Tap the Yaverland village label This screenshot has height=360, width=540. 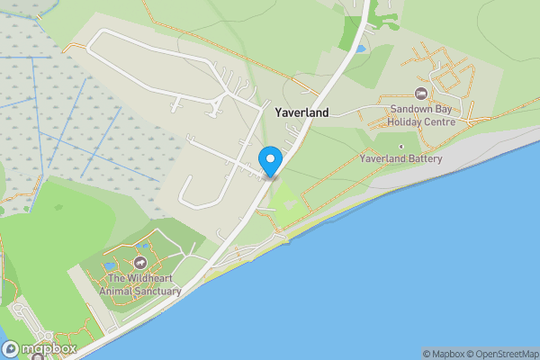[x=301, y=113]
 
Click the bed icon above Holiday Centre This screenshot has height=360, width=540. [x=420, y=94]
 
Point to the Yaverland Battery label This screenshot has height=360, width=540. [x=401, y=159]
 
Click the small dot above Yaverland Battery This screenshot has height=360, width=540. [x=401, y=147]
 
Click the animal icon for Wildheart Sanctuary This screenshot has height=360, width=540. [x=140, y=263]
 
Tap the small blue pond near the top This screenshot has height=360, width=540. [x=361, y=49]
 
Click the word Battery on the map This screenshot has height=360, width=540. [x=425, y=159]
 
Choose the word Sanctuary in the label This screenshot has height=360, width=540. [x=158, y=292]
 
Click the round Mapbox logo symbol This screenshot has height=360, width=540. [x=10, y=348]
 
